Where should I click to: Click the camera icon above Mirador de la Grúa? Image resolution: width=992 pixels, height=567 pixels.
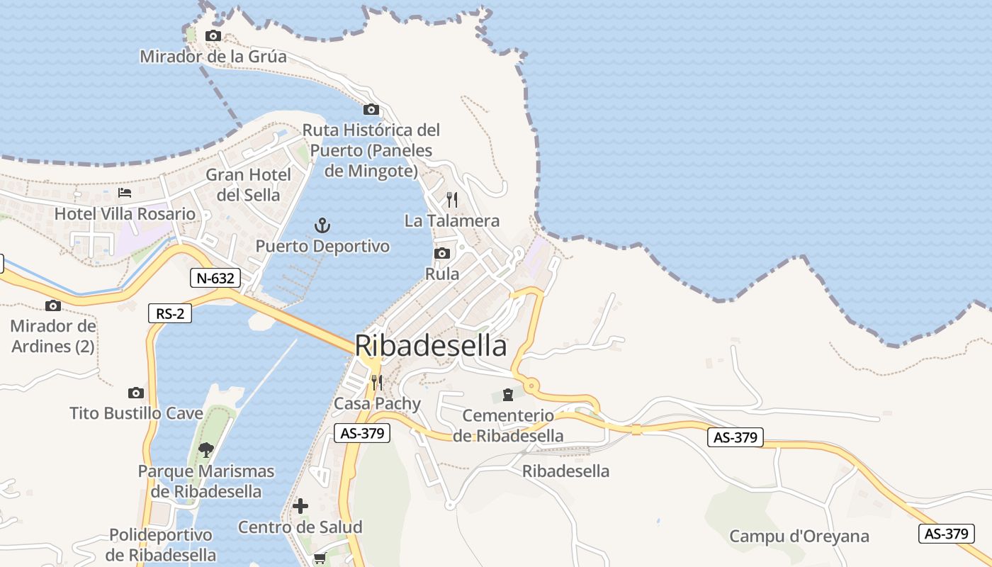pos(213,36)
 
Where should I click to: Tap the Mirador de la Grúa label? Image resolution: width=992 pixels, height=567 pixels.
pos(213,57)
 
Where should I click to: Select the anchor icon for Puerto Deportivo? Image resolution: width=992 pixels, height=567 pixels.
pos(322,226)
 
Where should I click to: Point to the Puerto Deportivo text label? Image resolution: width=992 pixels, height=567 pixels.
pos(322,247)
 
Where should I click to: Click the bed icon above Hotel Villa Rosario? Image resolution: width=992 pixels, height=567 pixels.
pos(125,193)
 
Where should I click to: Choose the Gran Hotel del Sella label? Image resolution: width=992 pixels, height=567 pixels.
pos(248,184)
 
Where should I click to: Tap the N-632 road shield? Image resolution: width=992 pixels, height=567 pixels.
pos(215,279)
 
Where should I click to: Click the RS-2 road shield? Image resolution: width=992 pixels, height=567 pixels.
pos(170,313)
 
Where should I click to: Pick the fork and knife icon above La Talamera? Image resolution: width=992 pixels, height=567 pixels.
pos(452,200)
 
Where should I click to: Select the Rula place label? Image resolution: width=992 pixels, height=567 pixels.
pos(442,274)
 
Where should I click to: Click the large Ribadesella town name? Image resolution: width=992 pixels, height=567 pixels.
pos(431,346)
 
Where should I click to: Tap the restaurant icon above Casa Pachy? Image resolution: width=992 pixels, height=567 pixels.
pos(377,383)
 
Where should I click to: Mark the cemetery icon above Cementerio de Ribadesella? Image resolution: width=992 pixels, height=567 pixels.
pos(508,394)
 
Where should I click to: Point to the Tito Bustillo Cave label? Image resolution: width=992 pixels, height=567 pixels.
pos(137,413)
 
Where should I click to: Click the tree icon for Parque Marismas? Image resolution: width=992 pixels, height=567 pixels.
pos(206,449)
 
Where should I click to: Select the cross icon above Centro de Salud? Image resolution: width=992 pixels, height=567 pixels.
pos(300,506)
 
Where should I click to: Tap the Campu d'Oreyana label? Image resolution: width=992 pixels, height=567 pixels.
pos(799,537)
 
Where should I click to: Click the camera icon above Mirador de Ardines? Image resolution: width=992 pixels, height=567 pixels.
pos(53,306)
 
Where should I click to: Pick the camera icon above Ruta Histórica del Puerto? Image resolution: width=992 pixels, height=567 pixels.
pos(371,110)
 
